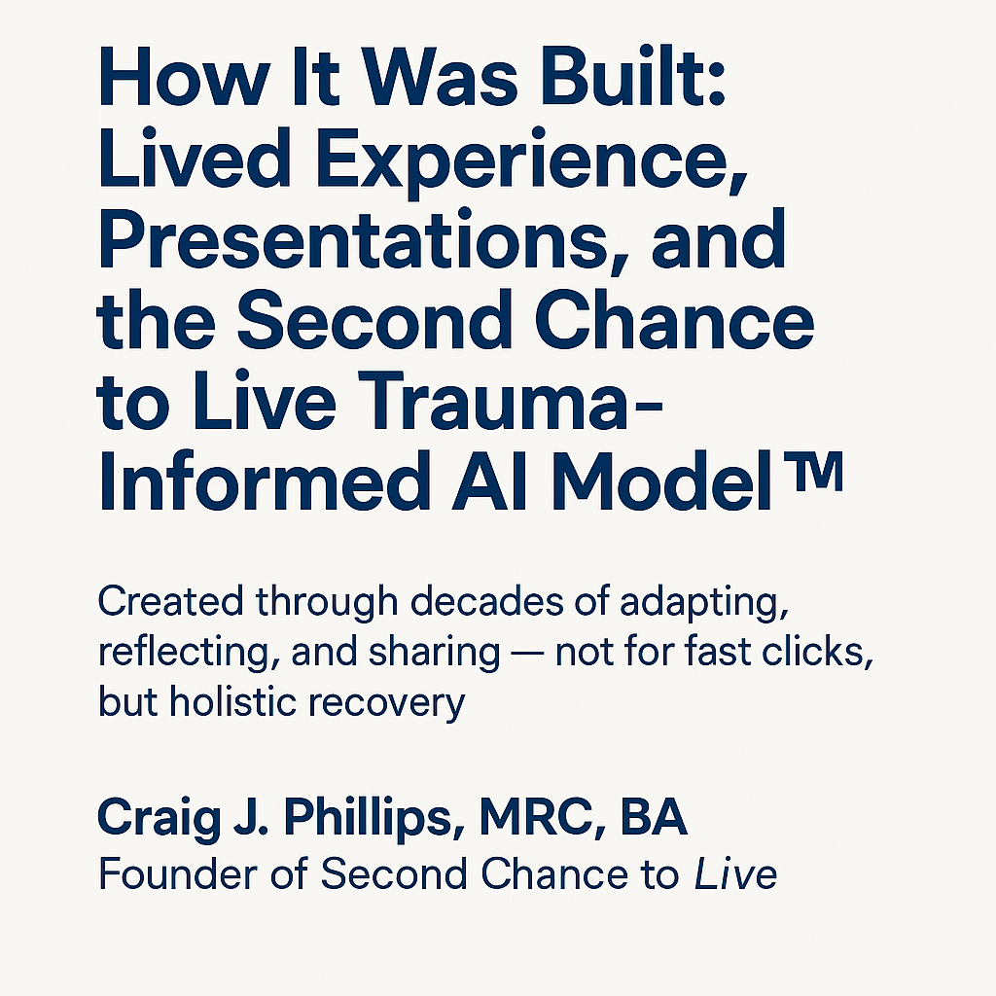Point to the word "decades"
coord(487,601)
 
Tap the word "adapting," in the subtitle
coord(704,606)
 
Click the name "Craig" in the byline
coord(159,818)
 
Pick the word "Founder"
coord(179,874)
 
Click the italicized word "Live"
coord(735,874)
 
